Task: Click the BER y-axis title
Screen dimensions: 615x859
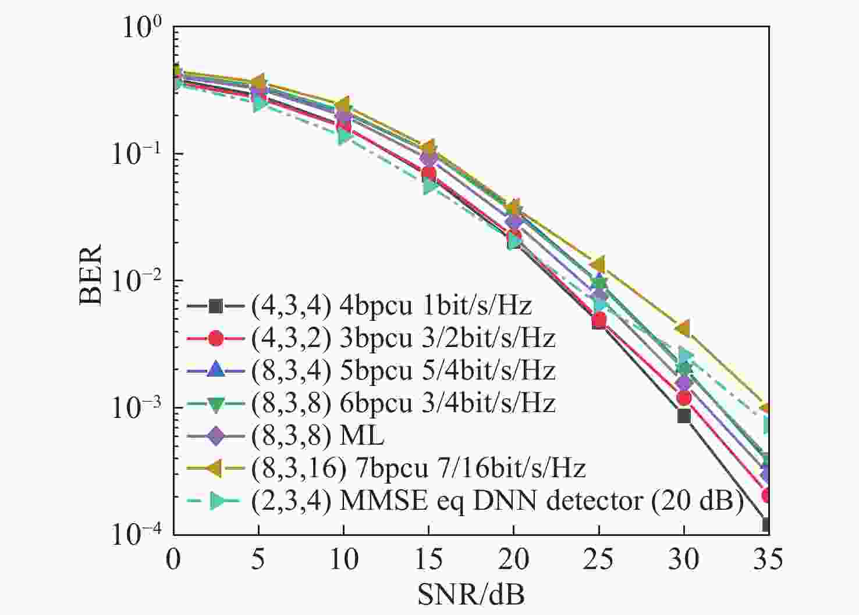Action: pyautogui.click(x=90, y=274)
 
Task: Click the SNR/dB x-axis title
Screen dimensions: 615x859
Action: pyautogui.click(x=471, y=594)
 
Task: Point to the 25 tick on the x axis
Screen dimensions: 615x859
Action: pyautogui.click(x=598, y=559)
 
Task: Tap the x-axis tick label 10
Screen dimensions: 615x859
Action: pyautogui.click(x=343, y=559)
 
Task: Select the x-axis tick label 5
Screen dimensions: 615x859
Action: pyautogui.click(x=258, y=559)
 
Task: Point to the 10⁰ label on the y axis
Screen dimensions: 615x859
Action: pyautogui.click(x=140, y=28)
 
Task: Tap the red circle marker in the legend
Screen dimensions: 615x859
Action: pyautogui.click(x=215, y=338)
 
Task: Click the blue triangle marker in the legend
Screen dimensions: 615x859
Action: pyautogui.click(x=215, y=370)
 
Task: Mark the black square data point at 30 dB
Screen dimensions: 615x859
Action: pyautogui.click(x=684, y=416)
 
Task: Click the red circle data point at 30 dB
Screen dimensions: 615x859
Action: pyautogui.click(x=684, y=398)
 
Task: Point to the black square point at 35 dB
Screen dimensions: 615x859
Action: pyautogui.click(x=767, y=525)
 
